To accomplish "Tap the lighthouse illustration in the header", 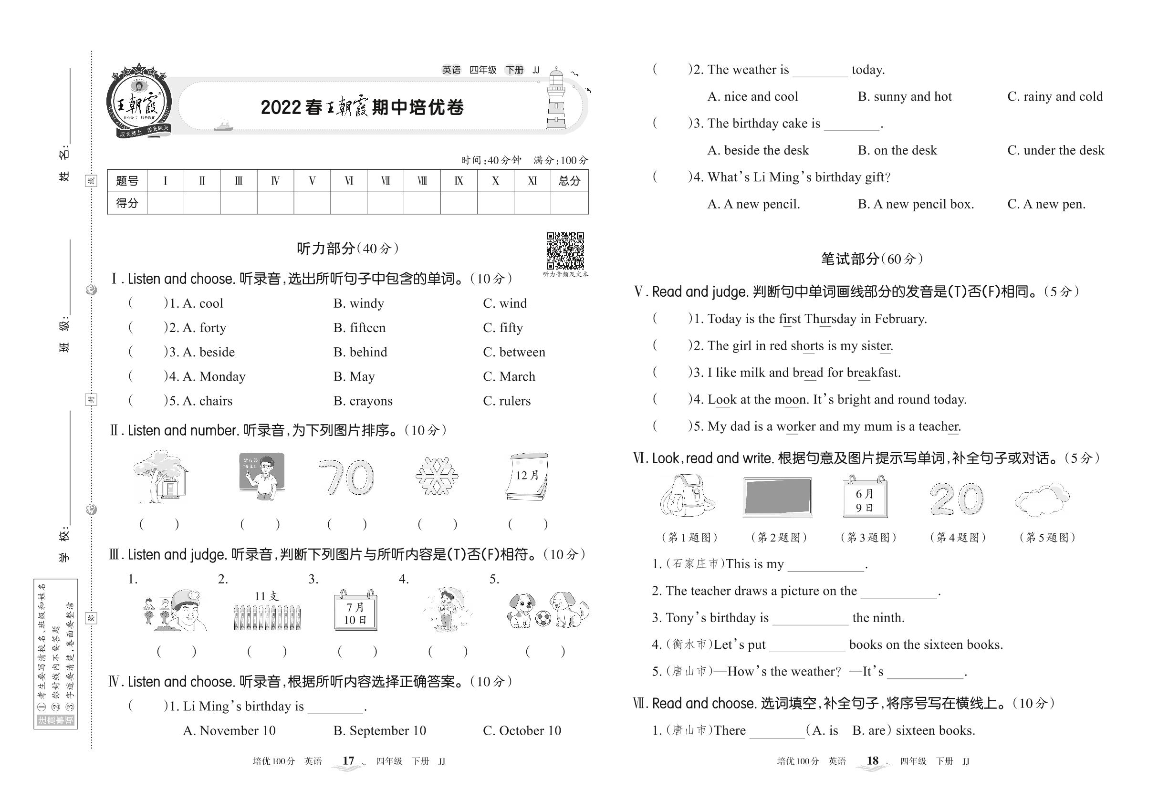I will (556, 99).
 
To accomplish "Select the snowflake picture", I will (436, 476).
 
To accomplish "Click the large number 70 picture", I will (345, 477).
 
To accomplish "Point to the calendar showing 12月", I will (527, 476).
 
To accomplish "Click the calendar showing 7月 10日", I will (355, 610).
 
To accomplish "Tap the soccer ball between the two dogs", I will (543, 617).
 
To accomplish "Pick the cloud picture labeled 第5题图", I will (1042, 499).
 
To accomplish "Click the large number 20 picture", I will (957, 499).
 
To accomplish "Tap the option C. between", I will (514, 352).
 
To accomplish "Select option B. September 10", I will (380, 731).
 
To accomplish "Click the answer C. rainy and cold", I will (1054, 96).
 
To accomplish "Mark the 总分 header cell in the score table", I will (569, 181).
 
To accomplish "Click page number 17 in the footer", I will (348, 761).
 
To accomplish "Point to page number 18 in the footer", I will (872, 761).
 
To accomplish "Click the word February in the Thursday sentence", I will (899, 319).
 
